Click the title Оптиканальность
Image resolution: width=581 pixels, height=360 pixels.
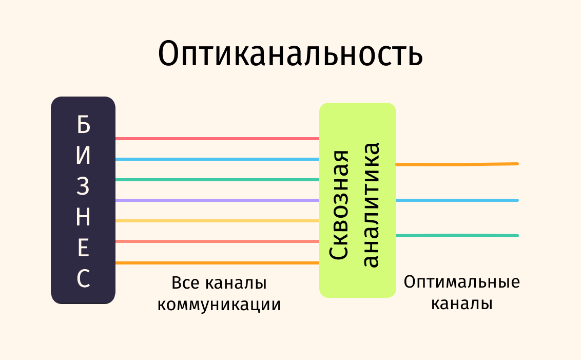click(290, 54)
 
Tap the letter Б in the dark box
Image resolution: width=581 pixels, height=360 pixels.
click(83, 124)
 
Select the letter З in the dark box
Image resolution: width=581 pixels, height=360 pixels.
click(83, 187)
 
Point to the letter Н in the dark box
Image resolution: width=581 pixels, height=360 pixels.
click(83, 218)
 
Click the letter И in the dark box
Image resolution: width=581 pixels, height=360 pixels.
click(83, 156)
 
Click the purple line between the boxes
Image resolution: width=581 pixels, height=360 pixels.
click(217, 200)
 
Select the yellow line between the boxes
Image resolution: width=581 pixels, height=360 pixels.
click(217, 221)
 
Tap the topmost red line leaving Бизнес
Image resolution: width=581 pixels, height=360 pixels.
click(217, 139)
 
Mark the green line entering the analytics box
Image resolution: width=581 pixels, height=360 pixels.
click(217, 180)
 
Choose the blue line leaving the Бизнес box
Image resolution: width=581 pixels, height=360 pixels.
click(217, 159)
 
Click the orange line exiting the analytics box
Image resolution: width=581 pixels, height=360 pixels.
click(457, 164)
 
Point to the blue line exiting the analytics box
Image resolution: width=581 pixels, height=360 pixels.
click(457, 200)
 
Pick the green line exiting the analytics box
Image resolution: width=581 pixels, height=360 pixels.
click(457, 236)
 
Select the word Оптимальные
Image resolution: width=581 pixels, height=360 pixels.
click(461, 282)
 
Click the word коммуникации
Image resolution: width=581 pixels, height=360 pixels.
click(219, 305)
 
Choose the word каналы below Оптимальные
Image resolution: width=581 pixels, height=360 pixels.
click(461, 304)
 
